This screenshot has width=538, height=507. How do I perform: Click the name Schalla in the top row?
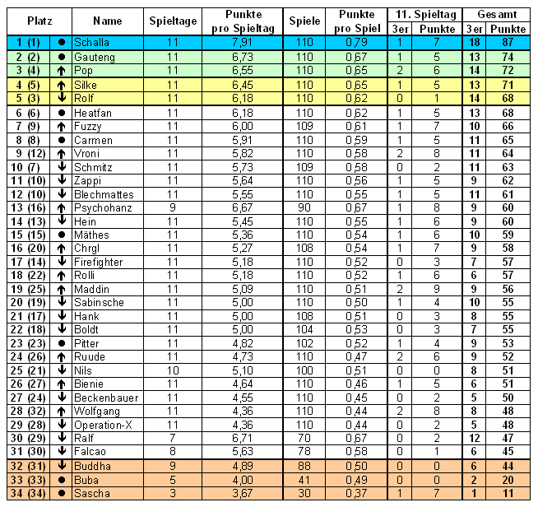click(x=90, y=42)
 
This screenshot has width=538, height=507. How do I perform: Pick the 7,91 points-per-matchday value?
click(x=243, y=42)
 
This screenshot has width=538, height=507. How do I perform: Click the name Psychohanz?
click(x=99, y=208)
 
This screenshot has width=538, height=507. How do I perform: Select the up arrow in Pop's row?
click(x=61, y=71)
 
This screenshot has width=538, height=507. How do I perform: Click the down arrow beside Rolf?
click(x=61, y=99)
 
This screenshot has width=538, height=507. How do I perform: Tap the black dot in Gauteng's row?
click(x=61, y=58)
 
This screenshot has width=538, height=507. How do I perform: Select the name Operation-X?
click(x=101, y=425)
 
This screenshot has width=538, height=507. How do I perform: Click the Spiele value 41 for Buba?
click(x=304, y=479)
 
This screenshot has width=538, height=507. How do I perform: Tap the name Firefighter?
click(x=98, y=262)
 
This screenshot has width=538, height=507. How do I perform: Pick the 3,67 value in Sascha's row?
click(x=243, y=493)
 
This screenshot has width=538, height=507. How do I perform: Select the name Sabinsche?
click(x=99, y=303)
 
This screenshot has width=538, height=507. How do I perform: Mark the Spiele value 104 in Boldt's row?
click(x=304, y=330)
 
